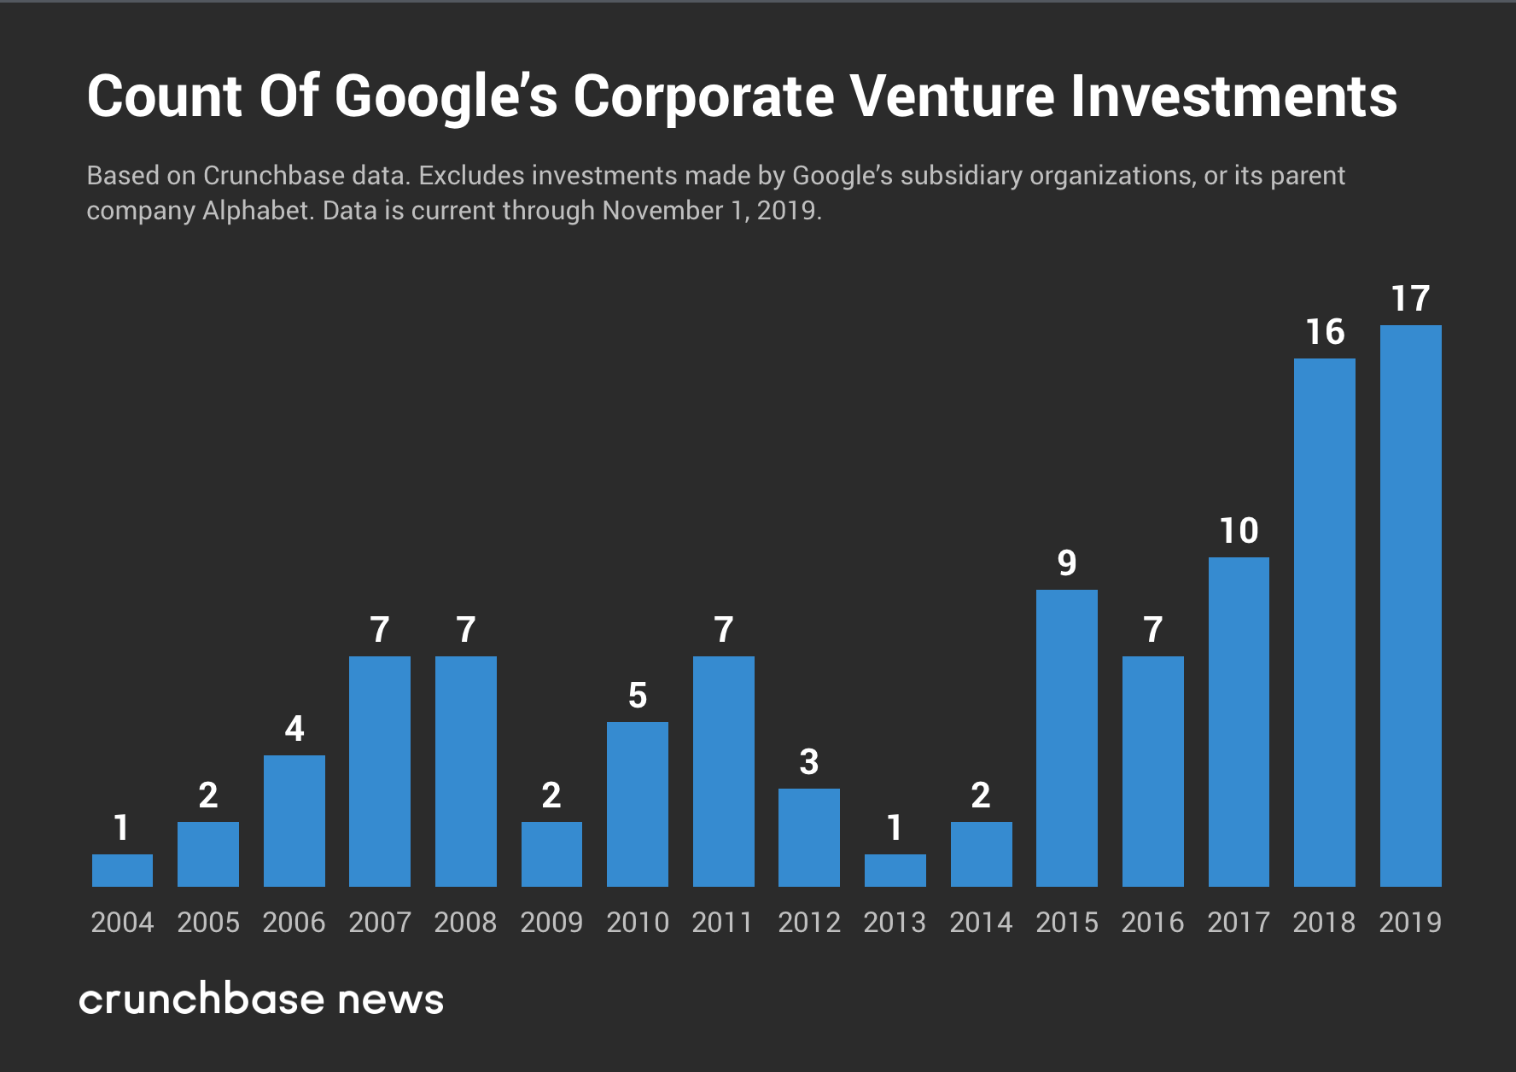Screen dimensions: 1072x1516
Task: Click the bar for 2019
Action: tap(1410, 606)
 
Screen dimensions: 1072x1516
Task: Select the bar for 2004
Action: tap(122, 871)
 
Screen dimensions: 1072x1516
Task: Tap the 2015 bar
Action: tap(1066, 738)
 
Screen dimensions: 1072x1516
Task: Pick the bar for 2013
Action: tap(895, 871)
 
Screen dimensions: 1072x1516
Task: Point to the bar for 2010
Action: tap(637, 804)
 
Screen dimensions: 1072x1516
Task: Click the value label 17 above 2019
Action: tap(1410, 299)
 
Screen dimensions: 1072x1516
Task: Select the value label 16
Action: tap(1325, 332)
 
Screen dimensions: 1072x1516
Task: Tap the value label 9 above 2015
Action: tap(1066, 563)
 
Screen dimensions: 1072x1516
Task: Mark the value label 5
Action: tap(637, 696)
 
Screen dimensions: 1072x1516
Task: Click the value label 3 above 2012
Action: tap(808, 762)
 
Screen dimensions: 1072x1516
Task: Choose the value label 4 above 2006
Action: tap(294, 729)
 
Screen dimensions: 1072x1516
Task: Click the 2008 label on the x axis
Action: tap(465, 922)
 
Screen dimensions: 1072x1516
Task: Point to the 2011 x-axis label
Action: tap(722, 922)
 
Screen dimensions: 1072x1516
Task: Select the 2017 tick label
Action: tap(1238, 922)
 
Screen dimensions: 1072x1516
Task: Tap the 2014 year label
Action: tap(980, 922)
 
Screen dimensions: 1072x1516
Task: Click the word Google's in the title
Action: tap(446, 96)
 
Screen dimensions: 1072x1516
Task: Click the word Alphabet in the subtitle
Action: tap(256, 211)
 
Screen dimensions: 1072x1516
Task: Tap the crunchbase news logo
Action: tap(261, 999)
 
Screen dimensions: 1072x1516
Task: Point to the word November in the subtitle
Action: tap(662, 211)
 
